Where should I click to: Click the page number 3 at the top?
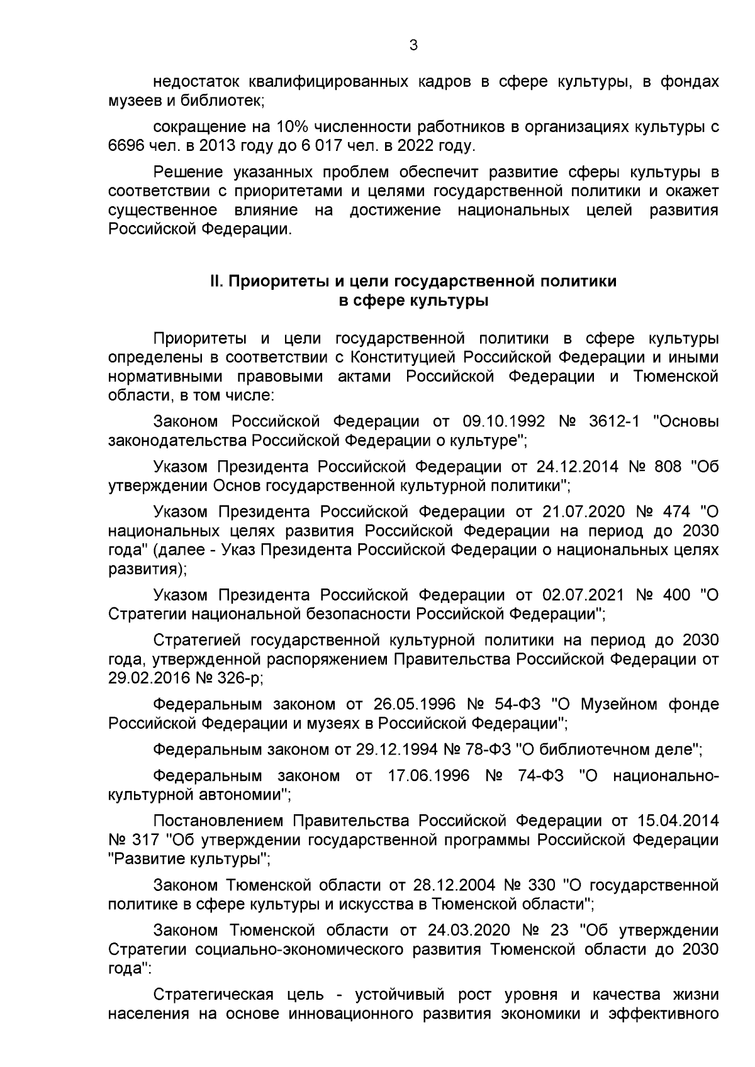pyautogui.click(x=413, y=45)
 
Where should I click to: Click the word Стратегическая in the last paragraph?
pyautogui.click(x=213, y=995)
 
